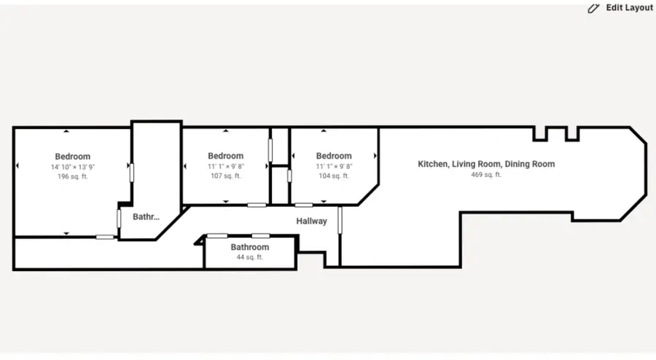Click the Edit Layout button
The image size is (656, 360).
coord(620,8)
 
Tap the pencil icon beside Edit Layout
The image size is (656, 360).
coord(593,8)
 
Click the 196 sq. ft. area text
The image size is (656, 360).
coord(72,176)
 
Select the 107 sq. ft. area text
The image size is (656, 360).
coord(225,176)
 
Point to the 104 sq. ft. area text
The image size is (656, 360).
coord(334,176)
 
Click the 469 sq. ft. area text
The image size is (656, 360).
coord(486,175)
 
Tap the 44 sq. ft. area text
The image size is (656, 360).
coord(250,257)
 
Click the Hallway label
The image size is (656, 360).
coord(311,221)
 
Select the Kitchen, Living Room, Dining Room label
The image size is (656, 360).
coord(486,164)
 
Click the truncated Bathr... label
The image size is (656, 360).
coord(146,216)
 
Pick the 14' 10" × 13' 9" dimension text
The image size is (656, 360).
coord(72,167)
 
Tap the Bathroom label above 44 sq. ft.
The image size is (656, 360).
coord(250,247)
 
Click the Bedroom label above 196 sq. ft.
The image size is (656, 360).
coord(72,156)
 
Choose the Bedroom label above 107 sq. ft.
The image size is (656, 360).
coord(225,155)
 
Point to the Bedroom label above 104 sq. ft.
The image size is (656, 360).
coord(334,155)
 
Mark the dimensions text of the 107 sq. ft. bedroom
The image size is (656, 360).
coord(225,166)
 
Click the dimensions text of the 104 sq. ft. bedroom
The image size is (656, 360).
coord(334,166)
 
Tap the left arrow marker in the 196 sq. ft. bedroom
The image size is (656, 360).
coord(18,167)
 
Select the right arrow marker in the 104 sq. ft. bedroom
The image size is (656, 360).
coord(375,156)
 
